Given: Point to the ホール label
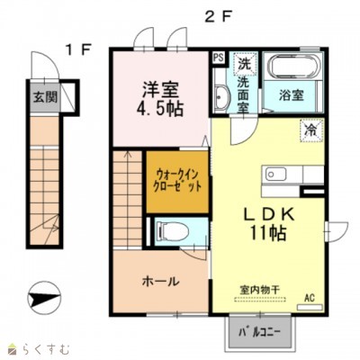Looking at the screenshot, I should coord(158,281).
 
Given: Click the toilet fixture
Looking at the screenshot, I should coord(174,232).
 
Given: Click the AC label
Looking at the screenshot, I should coord(310,297).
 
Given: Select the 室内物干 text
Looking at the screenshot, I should coord(259,290).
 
